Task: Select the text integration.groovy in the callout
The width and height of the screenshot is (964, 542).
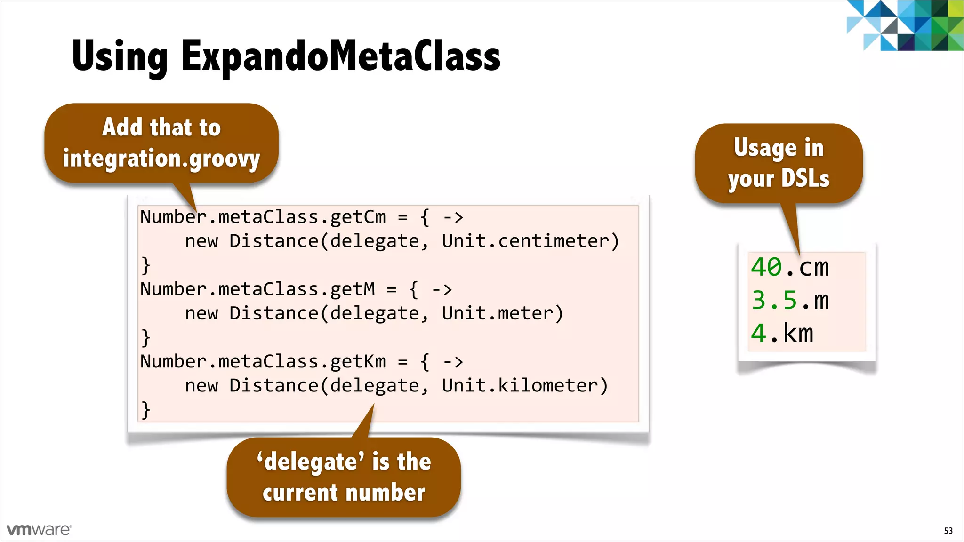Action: tap(161, 159)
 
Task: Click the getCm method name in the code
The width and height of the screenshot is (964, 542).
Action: tap(358, 217)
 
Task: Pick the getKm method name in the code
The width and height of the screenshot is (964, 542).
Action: tap(358, 361)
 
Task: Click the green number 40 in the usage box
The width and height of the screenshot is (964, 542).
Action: tap(766, 267)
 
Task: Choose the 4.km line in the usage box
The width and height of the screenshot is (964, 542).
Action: tap(782, 333)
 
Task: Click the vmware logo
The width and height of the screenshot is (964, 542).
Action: tap(39, 530)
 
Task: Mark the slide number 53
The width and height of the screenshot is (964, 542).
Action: tap(948, 531)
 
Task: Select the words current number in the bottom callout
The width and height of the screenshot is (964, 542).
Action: tap(344, 493)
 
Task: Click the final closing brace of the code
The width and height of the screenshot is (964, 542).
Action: tap(146, 410)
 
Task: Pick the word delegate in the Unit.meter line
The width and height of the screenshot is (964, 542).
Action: tap(374, 313)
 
